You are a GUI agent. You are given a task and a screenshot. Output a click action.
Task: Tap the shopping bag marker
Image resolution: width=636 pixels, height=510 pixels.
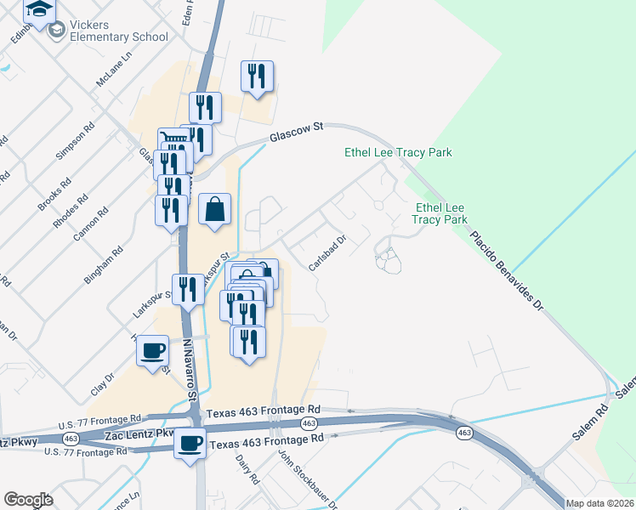click(215, 209)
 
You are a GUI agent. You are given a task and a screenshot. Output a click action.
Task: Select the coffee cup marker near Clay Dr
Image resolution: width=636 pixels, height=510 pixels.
click(153, 352)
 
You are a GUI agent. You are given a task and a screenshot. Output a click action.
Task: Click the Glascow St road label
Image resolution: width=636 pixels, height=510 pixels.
click(298, 132)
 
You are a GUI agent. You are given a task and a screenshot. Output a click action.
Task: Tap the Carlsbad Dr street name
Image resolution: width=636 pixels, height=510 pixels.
click(327, 253)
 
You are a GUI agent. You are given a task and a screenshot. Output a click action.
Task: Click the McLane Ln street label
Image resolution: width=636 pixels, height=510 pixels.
click(116, 68)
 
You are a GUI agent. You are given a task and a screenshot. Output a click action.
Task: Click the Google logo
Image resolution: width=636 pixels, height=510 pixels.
click(29, 500)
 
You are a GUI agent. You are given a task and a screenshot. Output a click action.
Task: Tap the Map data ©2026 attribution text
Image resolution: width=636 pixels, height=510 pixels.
click(600, 503)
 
